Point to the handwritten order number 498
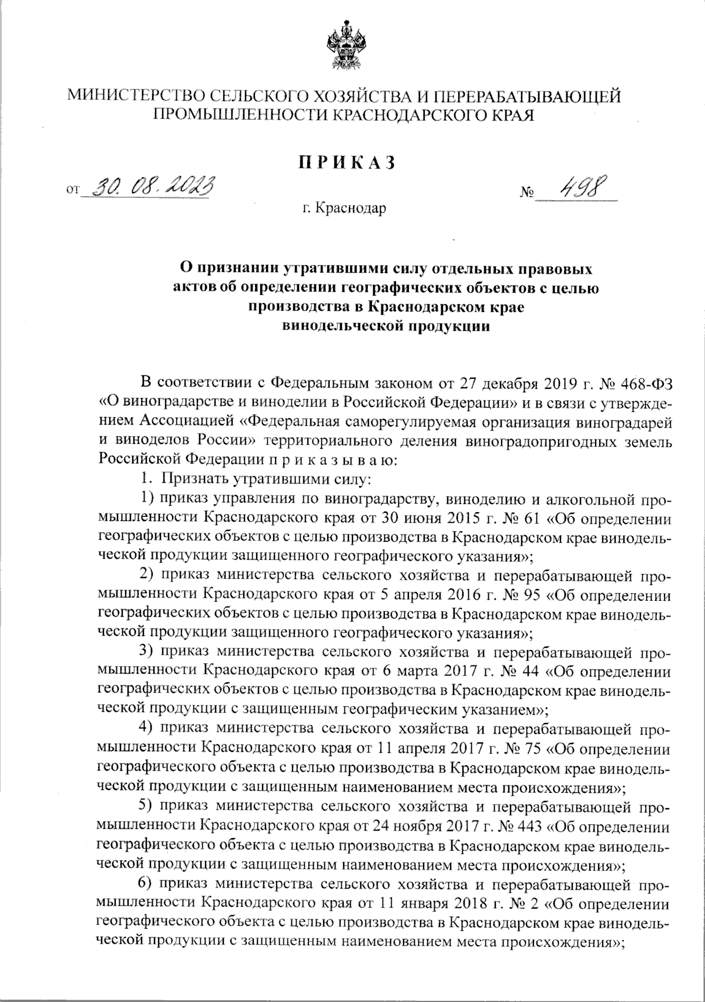575,189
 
